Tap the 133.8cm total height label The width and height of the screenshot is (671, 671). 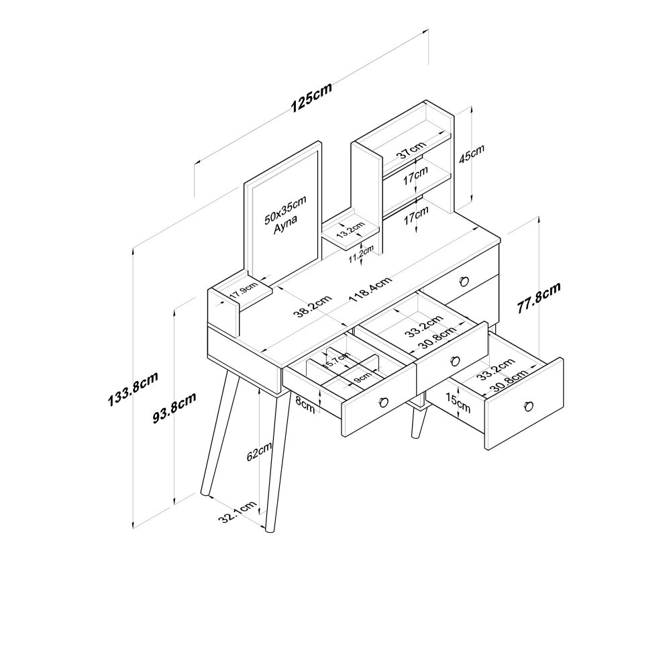[133, 389]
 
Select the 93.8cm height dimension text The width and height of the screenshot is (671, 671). [174, 407]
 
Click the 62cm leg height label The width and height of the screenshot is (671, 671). [259, 451]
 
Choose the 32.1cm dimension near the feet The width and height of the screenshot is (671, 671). [238, 512]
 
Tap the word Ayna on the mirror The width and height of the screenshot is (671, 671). [285, 224]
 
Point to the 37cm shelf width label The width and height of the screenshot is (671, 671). [411, 150]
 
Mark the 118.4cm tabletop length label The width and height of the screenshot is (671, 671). [370, 289]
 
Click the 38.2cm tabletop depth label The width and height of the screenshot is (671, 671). [313, 307]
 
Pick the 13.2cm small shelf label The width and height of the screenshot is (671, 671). [350, 229]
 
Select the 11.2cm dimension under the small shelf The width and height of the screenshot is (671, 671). [361, 254]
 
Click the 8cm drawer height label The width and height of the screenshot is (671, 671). [305, 405]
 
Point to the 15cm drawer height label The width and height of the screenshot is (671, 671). [457, 403]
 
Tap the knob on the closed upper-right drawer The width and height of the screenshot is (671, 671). [464, 281]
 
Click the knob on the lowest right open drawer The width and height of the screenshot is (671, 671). [529, 405]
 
